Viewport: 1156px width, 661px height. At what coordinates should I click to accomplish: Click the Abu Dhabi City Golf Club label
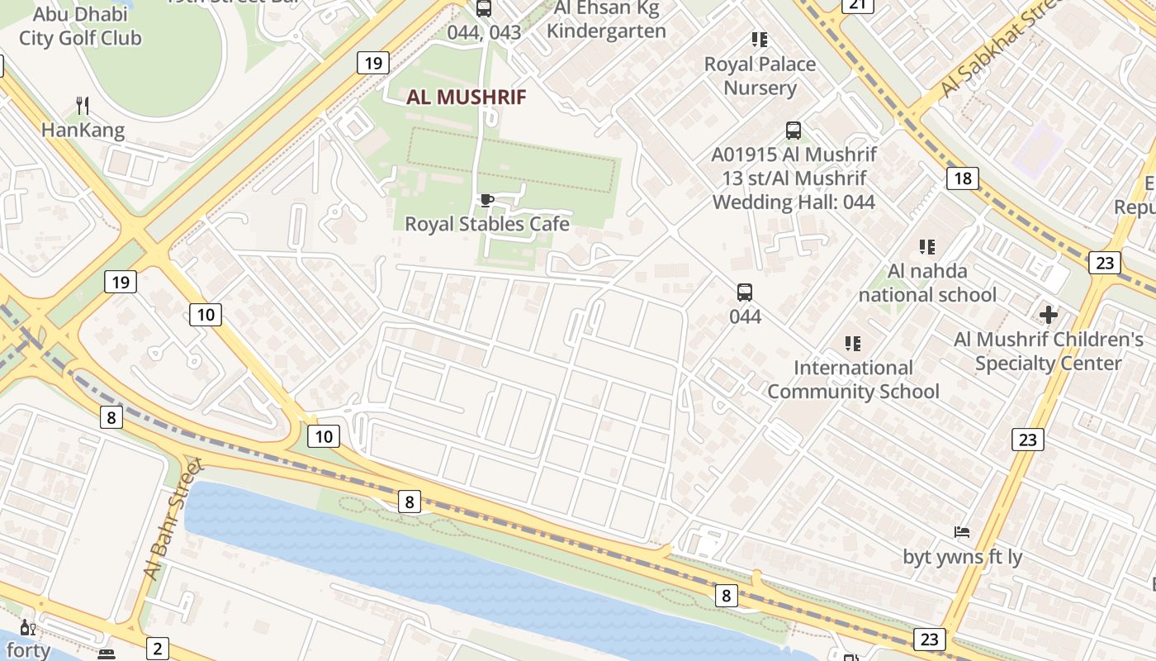pos(80,26)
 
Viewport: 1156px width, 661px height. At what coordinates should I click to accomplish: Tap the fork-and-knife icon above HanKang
pos(82,106)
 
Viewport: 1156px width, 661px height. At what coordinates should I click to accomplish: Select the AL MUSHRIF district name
pos(466,97)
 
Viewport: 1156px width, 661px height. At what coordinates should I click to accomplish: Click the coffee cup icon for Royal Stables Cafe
pos(486,201)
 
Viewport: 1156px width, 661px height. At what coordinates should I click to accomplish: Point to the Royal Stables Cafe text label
pos(486,224)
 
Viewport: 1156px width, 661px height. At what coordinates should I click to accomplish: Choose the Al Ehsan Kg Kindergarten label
pos(606,20)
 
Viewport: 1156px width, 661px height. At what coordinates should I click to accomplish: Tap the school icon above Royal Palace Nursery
pos(759,40)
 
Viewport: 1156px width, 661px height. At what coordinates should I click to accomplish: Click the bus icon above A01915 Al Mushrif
pos(793,130)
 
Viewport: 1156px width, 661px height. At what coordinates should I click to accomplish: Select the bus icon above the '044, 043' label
pos(484,9)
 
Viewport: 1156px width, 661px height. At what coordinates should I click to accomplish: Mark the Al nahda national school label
pos(927,283)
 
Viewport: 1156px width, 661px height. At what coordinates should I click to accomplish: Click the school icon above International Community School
pos(853,343)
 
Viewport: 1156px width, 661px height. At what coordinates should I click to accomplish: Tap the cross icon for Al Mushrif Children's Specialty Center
pos(1048,315)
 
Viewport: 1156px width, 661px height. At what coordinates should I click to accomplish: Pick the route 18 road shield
pos(962,178)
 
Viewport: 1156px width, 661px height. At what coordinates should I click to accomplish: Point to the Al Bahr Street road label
pos(173,519)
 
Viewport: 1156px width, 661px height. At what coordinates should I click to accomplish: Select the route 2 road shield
pos(156,648)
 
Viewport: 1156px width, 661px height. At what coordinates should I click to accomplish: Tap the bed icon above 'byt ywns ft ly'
pos(961,532)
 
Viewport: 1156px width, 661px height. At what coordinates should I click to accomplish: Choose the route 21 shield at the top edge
pos(858,5)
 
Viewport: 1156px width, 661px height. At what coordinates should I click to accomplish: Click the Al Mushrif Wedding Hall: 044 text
pos(794,190)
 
